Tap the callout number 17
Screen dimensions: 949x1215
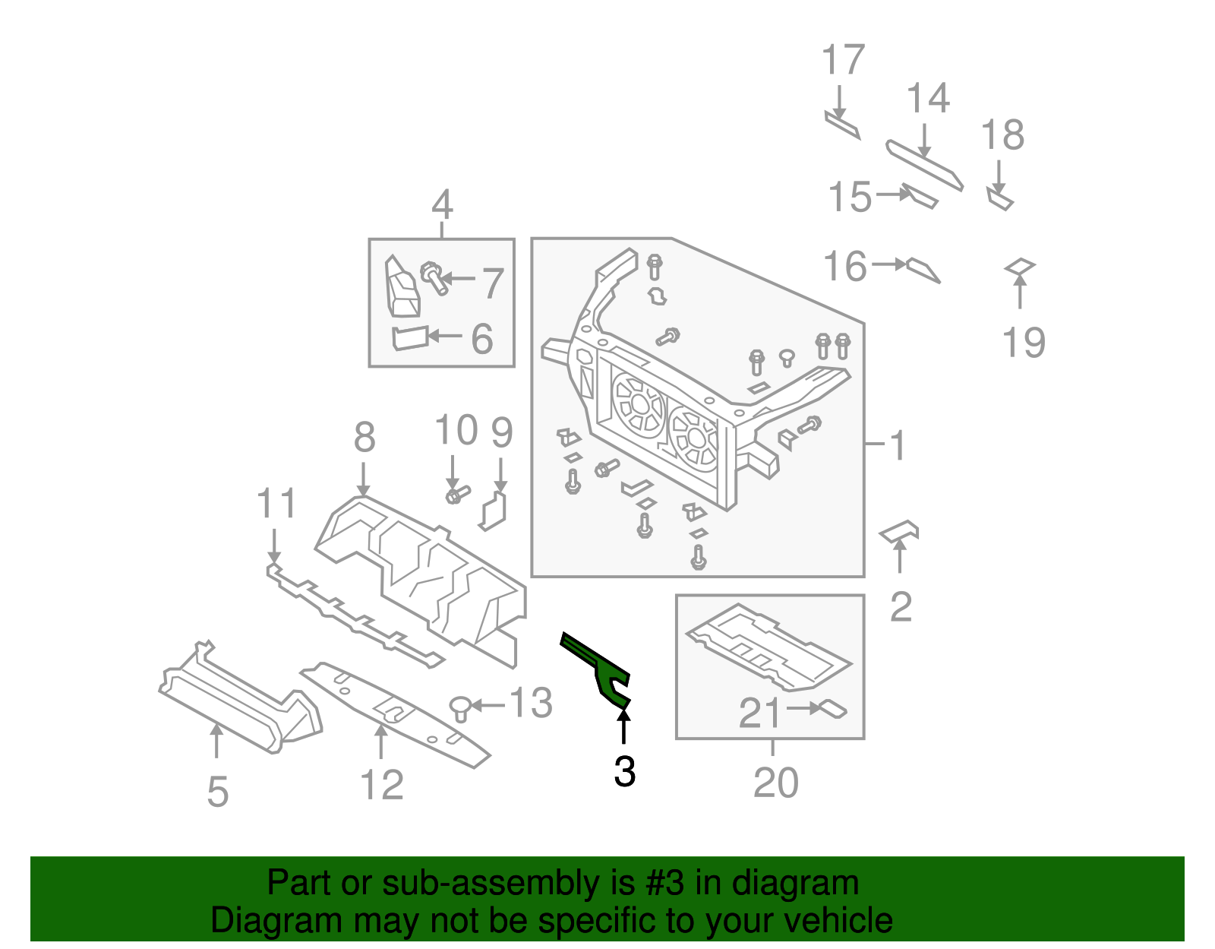[843, 60]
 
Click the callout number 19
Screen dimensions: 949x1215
[1024, 343]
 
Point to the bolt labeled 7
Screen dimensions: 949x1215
[434, 278]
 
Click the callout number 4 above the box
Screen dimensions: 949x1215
[442, 205]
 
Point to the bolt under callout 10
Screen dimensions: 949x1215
[457, 495]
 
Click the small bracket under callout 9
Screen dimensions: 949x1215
[494, 510]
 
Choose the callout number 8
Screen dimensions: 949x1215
[364, 438]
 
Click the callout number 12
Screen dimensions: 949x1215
[381, 785]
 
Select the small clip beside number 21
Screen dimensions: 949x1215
[833, 709]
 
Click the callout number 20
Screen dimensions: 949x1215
[775, 783]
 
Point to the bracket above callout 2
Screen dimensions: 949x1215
[900, 530]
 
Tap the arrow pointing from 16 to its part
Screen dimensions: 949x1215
[889, 264]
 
